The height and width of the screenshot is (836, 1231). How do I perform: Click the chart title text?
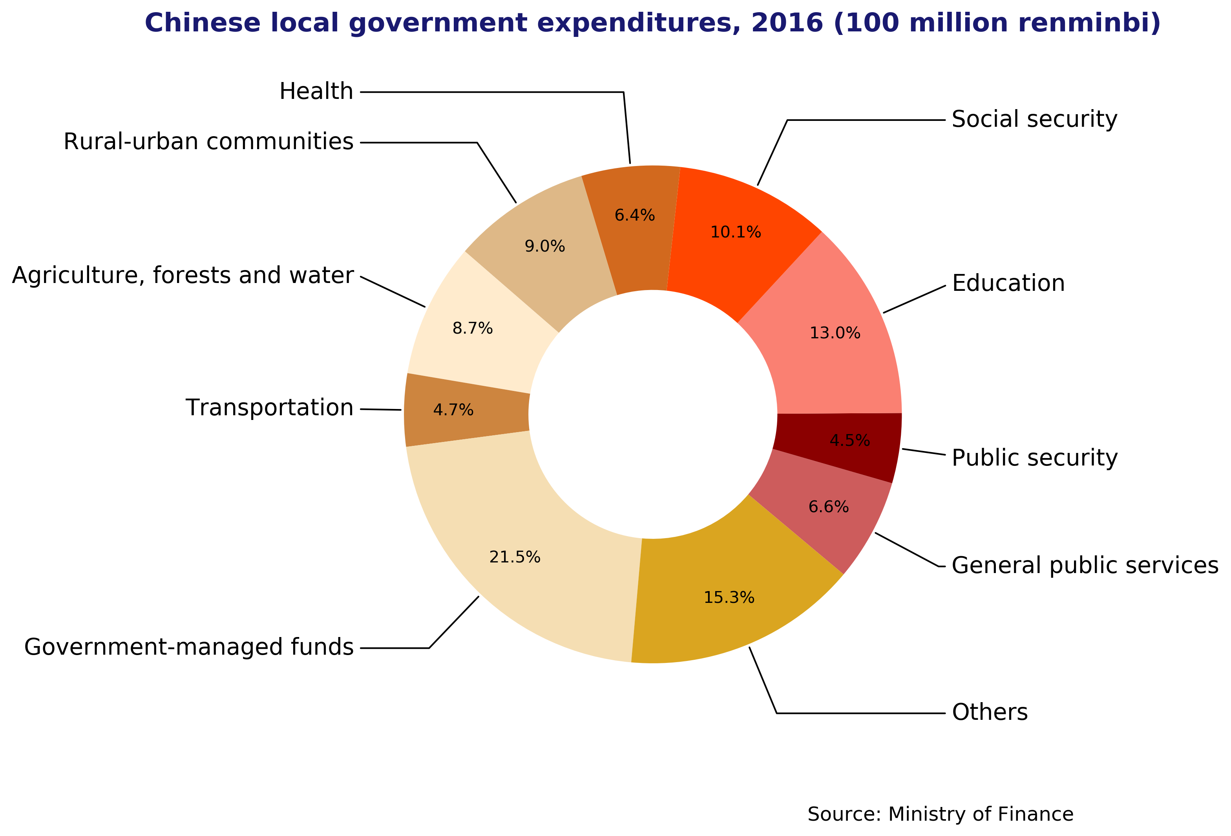coord(652,23)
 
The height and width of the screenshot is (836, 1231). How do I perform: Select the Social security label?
coord(1034,119)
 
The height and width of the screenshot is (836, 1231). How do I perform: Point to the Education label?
coord(1008,283)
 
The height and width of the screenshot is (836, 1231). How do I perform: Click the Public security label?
coord(1034,458)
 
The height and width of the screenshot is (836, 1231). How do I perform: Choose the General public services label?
coord(1084,566)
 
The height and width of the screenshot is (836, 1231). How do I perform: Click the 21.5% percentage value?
coord(514,557)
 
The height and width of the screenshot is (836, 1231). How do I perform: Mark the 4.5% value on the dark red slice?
coord(849,441)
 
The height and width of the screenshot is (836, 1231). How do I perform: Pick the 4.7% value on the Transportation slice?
coord(453,410)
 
